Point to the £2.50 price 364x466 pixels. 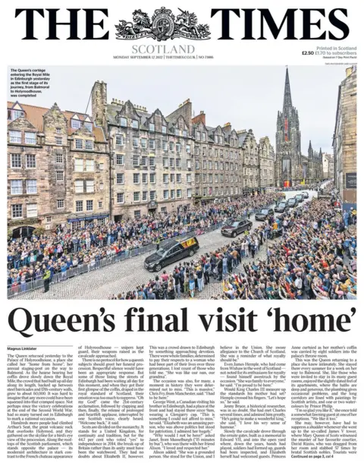coord(307,52)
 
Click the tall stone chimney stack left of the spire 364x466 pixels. coord(99,98)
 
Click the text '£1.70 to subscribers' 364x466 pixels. coord(337,52)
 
